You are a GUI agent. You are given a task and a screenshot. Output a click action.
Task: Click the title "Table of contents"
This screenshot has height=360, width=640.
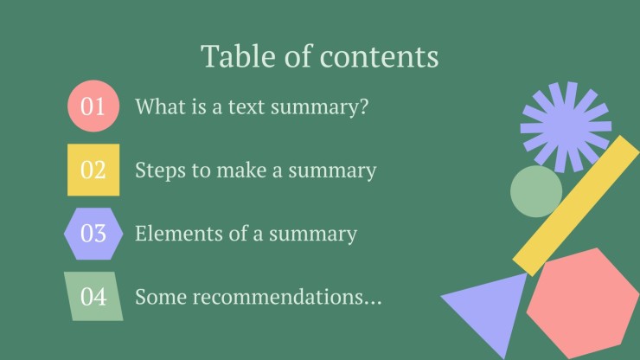[x=320, y=56]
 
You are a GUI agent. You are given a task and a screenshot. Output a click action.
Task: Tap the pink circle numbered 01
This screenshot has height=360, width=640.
[x=93, y=106]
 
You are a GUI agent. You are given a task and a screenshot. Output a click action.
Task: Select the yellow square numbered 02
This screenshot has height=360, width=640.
[x=93, y=170]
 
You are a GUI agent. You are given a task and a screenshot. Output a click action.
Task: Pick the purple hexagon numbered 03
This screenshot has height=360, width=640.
[x=93, y=234]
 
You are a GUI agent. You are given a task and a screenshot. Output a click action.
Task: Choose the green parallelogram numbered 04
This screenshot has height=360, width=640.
[x=93, y=297]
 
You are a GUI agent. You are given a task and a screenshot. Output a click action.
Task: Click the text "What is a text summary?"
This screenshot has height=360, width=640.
[x=253, y=107]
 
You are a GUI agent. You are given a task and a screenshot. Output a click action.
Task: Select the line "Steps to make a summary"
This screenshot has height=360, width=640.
[x=255, y=170]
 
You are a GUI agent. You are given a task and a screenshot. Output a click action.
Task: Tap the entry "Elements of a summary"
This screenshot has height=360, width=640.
[x=246, y=234]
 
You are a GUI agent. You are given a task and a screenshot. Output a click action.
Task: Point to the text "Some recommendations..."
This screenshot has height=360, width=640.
[x=258, y=297]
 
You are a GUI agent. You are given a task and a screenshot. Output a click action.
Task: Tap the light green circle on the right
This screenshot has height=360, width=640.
[x=536, y=191]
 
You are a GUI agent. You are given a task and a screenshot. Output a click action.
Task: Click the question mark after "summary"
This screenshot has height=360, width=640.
[x=365, y=107]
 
